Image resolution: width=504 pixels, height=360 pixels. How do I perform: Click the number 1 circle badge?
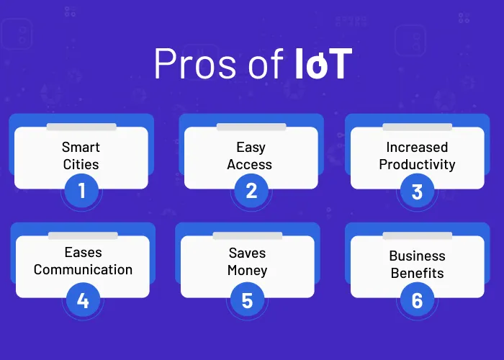81,191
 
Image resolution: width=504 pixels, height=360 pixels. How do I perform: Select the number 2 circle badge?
251,191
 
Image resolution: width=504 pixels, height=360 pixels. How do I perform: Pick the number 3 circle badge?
417,191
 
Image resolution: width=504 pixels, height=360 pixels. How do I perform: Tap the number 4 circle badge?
83,300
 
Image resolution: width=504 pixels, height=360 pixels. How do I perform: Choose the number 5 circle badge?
247,300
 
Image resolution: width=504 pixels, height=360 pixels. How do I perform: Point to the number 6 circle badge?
417,300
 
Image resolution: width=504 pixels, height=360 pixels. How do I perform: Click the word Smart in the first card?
81,147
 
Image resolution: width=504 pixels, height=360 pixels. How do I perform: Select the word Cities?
81,164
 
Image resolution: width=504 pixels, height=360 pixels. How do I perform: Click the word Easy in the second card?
251,147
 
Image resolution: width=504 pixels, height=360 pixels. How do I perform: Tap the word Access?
251,164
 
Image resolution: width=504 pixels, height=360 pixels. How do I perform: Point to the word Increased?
417,147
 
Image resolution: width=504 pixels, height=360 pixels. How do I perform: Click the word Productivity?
417,164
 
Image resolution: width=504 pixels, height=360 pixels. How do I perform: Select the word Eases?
83,253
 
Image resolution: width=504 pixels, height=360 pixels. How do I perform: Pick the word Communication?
83,270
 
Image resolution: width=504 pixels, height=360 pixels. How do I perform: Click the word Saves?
247,253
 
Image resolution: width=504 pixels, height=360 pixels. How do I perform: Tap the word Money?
247,271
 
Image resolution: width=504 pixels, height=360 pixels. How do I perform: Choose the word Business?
417,256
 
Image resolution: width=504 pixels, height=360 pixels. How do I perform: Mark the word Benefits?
417,274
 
